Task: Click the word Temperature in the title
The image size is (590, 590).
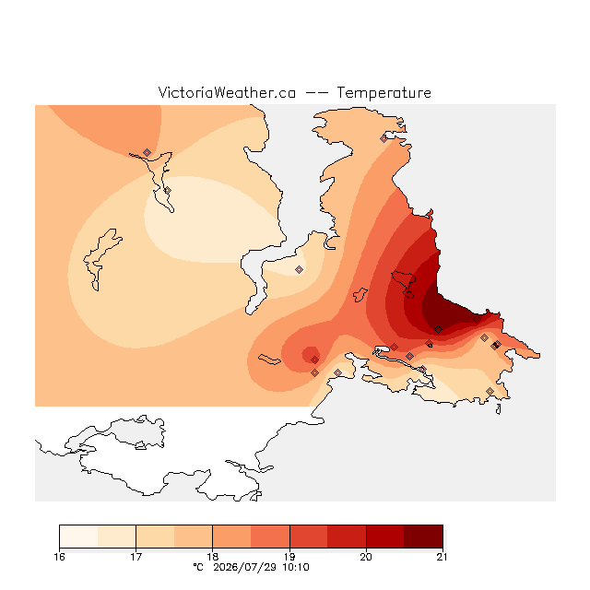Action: [383, 93]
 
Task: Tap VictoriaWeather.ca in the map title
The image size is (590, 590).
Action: [227, 92]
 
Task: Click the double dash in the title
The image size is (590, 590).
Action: [316, 93]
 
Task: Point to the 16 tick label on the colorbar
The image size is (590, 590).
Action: [59, 557]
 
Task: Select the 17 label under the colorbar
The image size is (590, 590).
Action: [136, 557]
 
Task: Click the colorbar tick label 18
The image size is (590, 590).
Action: [213, 557]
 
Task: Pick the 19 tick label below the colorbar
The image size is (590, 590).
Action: [289, 557]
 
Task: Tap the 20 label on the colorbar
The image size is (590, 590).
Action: [366, 557]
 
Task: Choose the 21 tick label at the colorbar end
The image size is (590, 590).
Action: [442, 557]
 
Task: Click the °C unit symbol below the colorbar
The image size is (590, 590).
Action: [198, 567]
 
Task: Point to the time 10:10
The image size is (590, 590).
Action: [296, 567]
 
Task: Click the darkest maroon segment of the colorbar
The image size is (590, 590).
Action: [423, 537]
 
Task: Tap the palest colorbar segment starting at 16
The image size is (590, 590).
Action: [78, 537]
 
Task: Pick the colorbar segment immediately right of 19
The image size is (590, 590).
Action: [309, 537]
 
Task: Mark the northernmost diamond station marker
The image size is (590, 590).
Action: [383, 139]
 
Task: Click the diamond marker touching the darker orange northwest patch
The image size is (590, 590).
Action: [147, 152]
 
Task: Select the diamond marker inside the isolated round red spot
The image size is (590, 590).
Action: [315, 360]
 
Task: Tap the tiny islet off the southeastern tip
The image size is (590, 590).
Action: [498, 409]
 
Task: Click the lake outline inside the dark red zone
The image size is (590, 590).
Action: [405, 283]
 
